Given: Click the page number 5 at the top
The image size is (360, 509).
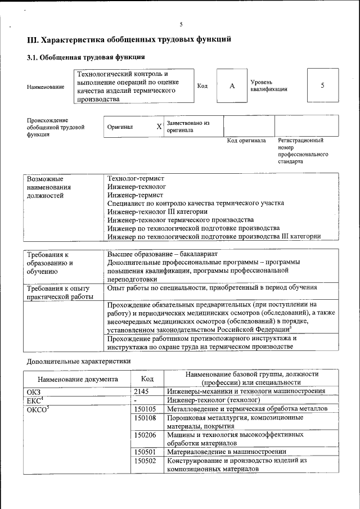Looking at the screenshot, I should coord(181,24).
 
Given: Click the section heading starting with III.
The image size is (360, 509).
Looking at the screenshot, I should coord(129,40).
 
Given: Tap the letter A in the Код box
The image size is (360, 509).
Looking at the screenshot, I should coord(232,85).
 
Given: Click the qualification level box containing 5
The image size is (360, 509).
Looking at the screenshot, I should coord(322,85).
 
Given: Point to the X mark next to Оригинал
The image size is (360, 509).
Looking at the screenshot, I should coord(159,127).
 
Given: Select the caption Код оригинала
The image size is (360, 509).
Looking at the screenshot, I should coord(246,141).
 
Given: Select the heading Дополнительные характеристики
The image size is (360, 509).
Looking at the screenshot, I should coord(79,361).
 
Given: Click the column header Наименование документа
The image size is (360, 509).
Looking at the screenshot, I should coord(78,379).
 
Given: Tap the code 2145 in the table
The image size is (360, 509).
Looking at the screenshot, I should coord(142,391).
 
